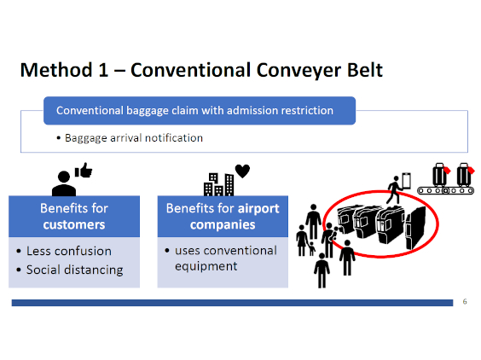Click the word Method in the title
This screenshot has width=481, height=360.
click(x=56, y=70)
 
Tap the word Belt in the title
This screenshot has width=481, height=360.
click(x=365, y=70)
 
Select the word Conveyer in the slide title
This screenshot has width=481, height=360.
click(x=298, y=71)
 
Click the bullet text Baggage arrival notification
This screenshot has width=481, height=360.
click(x=134, y=138)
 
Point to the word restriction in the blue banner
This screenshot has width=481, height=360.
click(x=307, y=111)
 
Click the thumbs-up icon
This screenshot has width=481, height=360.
click(x=84, y=170)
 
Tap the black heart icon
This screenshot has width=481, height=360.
click(x=242, y=171)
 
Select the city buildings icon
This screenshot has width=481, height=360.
click(x=218, y=184)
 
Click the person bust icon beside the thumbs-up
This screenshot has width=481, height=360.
click(x=64, y=183)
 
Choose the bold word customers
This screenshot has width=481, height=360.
click(x=74, y=224)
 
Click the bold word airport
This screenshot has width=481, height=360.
click(x=258, y=209)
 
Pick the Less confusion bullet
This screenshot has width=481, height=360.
click(x=69, y=251)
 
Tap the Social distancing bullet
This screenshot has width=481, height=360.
click(x=74, y=270)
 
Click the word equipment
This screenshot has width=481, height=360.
click(x=206, y=266)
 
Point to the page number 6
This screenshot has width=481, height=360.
click(x=465, y=302)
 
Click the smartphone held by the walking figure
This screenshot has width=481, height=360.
click(x=406, y=181)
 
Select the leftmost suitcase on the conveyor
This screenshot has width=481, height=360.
click(x=440, y=175)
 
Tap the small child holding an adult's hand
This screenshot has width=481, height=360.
click(x=311, y=248)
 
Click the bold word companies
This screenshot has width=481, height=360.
click(x=223, y=224)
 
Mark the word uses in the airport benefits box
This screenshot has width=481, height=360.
click(x=188, y=251)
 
